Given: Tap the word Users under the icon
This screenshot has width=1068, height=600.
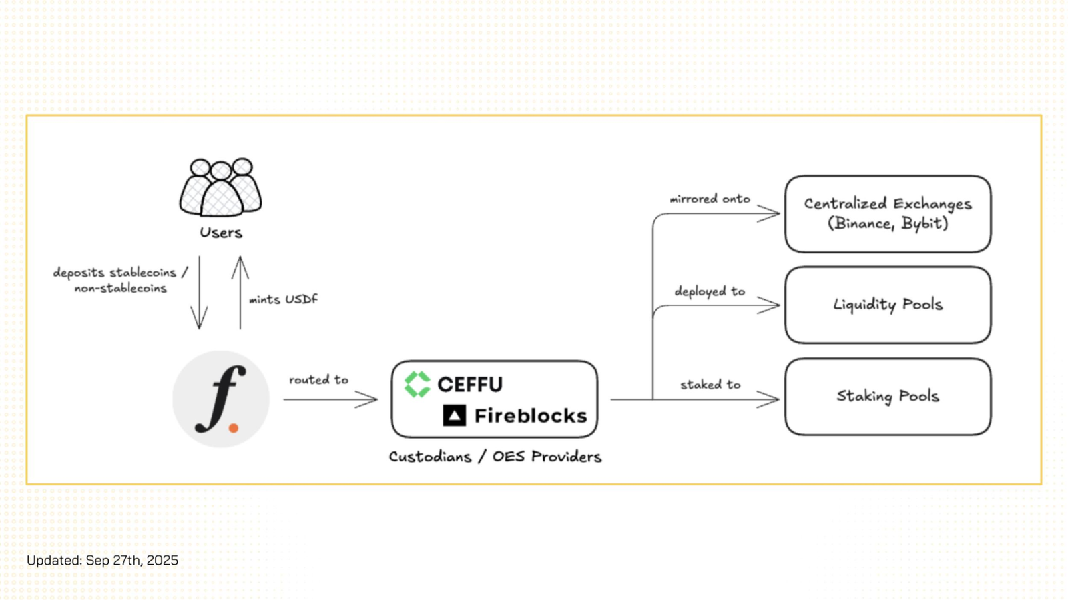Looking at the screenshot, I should click(x=221, y=233).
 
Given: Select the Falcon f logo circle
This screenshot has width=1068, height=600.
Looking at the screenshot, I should click(x=221, y=399).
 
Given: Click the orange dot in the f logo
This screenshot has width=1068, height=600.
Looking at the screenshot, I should click(x=234, y=428).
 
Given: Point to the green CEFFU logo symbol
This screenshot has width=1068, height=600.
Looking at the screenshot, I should click(x=417, y=384).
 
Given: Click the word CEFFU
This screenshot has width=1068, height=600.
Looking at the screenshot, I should click(x=470, y=385).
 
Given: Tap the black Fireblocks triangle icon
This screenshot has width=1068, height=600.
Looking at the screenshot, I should click(x=454, y=416).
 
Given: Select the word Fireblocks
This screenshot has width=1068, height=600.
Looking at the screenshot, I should click(x=531, y=416).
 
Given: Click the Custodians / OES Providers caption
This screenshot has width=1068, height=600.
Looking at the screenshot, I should click(x=495, y=457).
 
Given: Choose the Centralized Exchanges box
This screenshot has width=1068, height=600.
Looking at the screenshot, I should click(x=888, y=214).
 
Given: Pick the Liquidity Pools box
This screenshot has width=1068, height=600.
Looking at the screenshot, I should click(x=888, y=305).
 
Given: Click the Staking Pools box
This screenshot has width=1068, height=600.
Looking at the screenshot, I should click(x=888, y=397).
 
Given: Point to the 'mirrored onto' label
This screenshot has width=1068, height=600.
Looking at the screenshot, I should click(x=710, y=199).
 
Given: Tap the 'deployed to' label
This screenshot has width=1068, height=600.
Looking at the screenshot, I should click(x=710, y=291).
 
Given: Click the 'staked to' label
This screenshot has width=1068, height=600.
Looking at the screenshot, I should click(x=710, y=385).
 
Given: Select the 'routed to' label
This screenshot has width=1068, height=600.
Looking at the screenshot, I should click(x=318, y=379).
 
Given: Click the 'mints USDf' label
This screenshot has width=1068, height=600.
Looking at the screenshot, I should click(x=283, y=299).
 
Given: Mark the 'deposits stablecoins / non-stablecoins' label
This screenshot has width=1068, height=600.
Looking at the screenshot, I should click(x=120, y=280).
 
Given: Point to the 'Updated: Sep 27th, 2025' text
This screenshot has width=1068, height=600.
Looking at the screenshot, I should click(x=103, y=560).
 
